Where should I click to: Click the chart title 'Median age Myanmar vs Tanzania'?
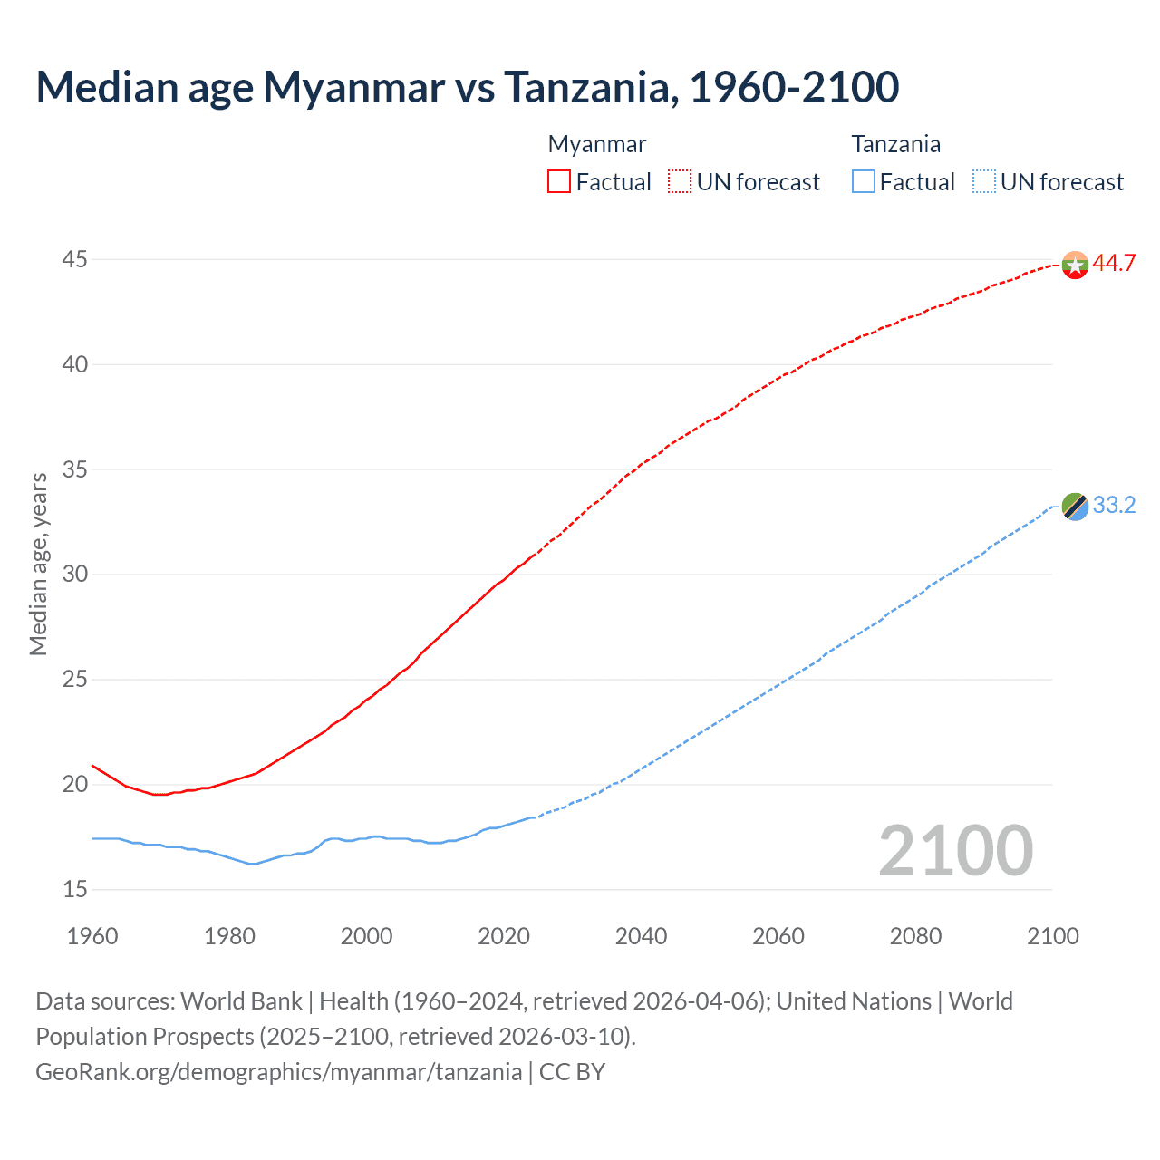(467, 87)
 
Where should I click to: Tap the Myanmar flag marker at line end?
(1075, 266)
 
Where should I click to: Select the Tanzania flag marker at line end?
(1075, 507)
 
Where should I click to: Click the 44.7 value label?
(1114, 264)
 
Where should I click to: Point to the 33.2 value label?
(1114, 506)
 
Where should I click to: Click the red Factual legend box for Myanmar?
(559, 182)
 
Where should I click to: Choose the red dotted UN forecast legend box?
(680, 182)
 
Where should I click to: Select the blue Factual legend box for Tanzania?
(863, 182)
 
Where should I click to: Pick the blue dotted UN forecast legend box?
(983, 182)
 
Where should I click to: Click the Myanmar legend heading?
(597, 144)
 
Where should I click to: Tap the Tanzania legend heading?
(895, 144)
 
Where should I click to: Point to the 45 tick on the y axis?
(74, 260)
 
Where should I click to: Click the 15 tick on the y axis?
(74, 890)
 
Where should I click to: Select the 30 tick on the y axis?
(74, 575)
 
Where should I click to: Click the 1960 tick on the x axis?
(92, 936)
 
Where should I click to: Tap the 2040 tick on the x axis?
(641, 936)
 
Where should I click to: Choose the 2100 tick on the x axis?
(1052, 936)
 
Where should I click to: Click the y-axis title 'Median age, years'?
(38, 564)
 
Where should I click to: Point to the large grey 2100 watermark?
(955, 850)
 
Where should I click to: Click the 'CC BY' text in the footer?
(572, 1072)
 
